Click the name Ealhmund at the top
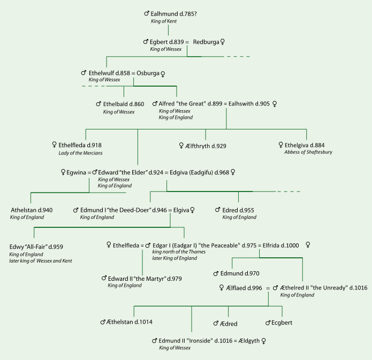[164, 14]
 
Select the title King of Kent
[164, 21]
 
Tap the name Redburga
[206, 42]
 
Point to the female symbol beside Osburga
[163, 74]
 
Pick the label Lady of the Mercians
[80, 153]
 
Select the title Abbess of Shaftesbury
[308, 152]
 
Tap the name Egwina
[76, 172]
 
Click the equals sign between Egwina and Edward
[89, 173]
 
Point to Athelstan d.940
[32, 210]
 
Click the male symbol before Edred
[217, 210]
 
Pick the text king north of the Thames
[179, 252]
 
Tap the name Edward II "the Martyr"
[136, 279]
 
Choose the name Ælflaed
[236, 288]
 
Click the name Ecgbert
[282, 323]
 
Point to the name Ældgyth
[249, 341]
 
